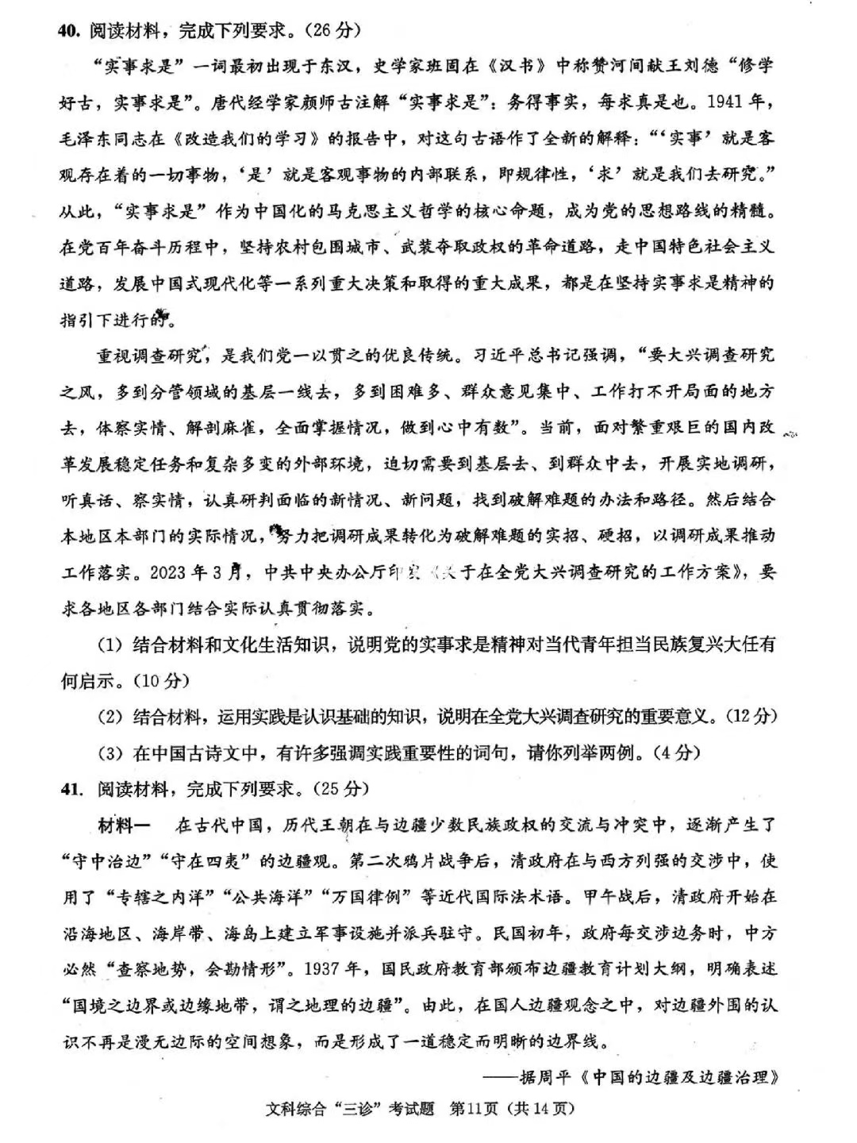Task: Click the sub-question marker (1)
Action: [109, 645]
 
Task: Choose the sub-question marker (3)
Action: [109, 752]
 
